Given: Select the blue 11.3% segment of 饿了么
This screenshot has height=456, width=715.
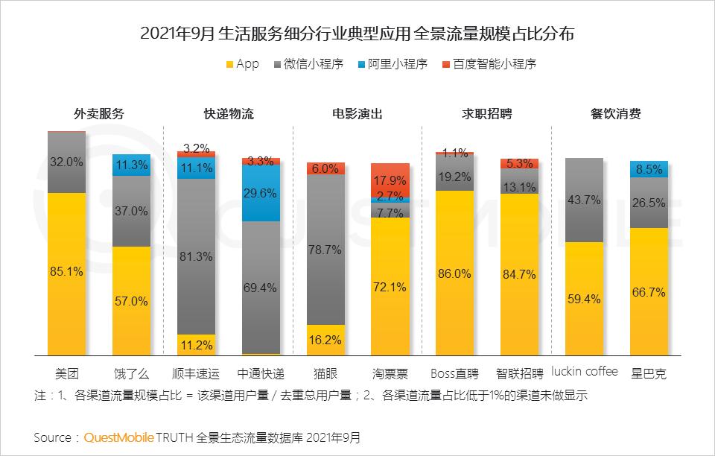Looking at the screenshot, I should coord(131,165).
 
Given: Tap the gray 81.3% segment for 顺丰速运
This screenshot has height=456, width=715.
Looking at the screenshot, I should coord(196,256).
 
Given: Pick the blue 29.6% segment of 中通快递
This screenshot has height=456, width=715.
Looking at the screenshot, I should coord(261,193).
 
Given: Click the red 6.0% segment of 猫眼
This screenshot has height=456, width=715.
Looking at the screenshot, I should coord(325,168).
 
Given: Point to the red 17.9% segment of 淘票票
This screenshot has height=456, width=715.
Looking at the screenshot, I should coord(390,180).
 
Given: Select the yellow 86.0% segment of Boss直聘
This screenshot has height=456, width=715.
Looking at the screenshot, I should coord(455,273).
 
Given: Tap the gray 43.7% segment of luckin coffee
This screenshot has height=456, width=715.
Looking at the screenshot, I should coord(585,200).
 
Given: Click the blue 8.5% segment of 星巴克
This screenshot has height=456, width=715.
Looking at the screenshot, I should coord(649,169).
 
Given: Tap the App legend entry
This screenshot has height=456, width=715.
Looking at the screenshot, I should coord(247,64).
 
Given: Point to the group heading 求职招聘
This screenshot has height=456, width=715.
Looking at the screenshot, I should coord(487,114).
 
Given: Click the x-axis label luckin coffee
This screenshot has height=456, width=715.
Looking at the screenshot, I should coord(585,371).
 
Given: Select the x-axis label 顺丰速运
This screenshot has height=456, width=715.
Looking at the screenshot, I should coord(196,373).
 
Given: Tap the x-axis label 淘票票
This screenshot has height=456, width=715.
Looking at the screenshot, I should coord(390,373).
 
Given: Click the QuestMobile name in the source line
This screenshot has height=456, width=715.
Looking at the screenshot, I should coord(118,437).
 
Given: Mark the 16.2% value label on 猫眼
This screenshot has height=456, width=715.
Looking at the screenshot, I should coord(325,340).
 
